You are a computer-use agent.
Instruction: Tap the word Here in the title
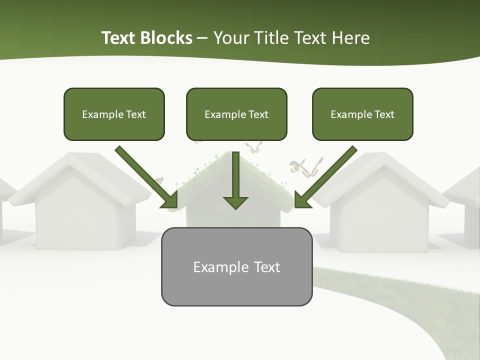pos(351,38)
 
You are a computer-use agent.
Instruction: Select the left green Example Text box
pos(114,114)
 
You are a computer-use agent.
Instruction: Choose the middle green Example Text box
pos(236,114)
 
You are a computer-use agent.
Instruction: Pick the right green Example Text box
pos(362,114)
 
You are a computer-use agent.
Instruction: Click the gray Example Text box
pos(236,267)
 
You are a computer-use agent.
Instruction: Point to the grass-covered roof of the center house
pos(272,185)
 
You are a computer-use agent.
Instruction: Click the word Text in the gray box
pos(267,267)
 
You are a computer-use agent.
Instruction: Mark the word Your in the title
pos(230,38)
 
